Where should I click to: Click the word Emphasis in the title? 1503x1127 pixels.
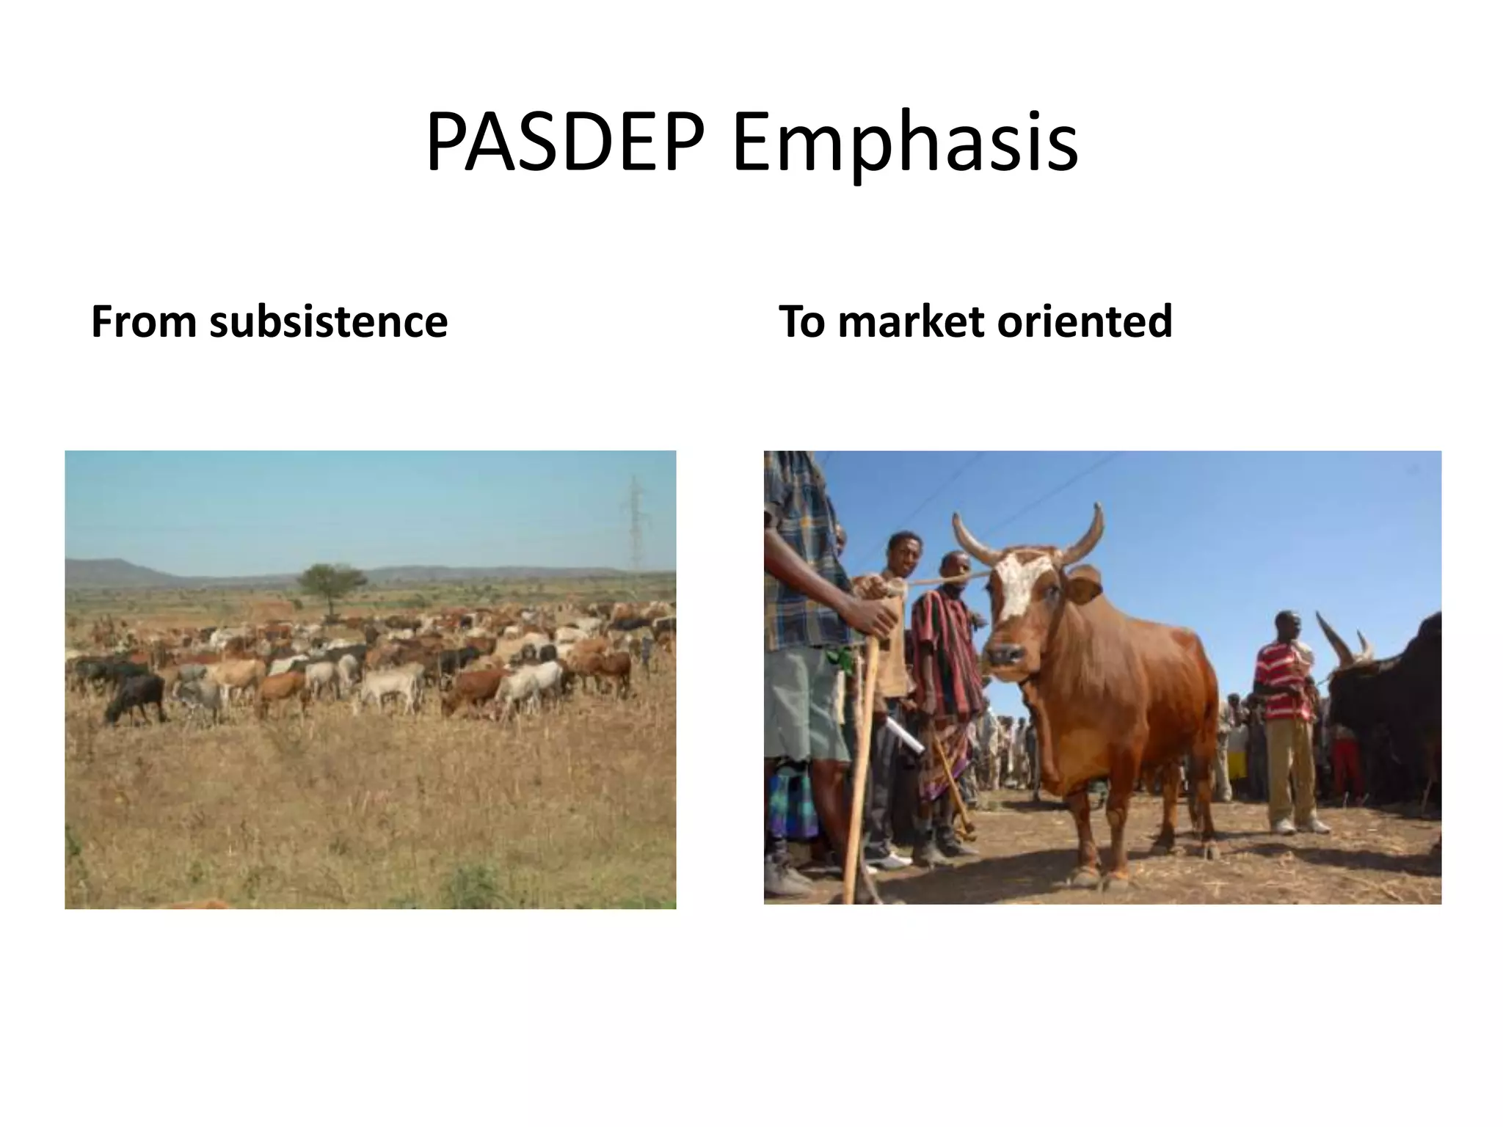(x=904, y=145)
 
